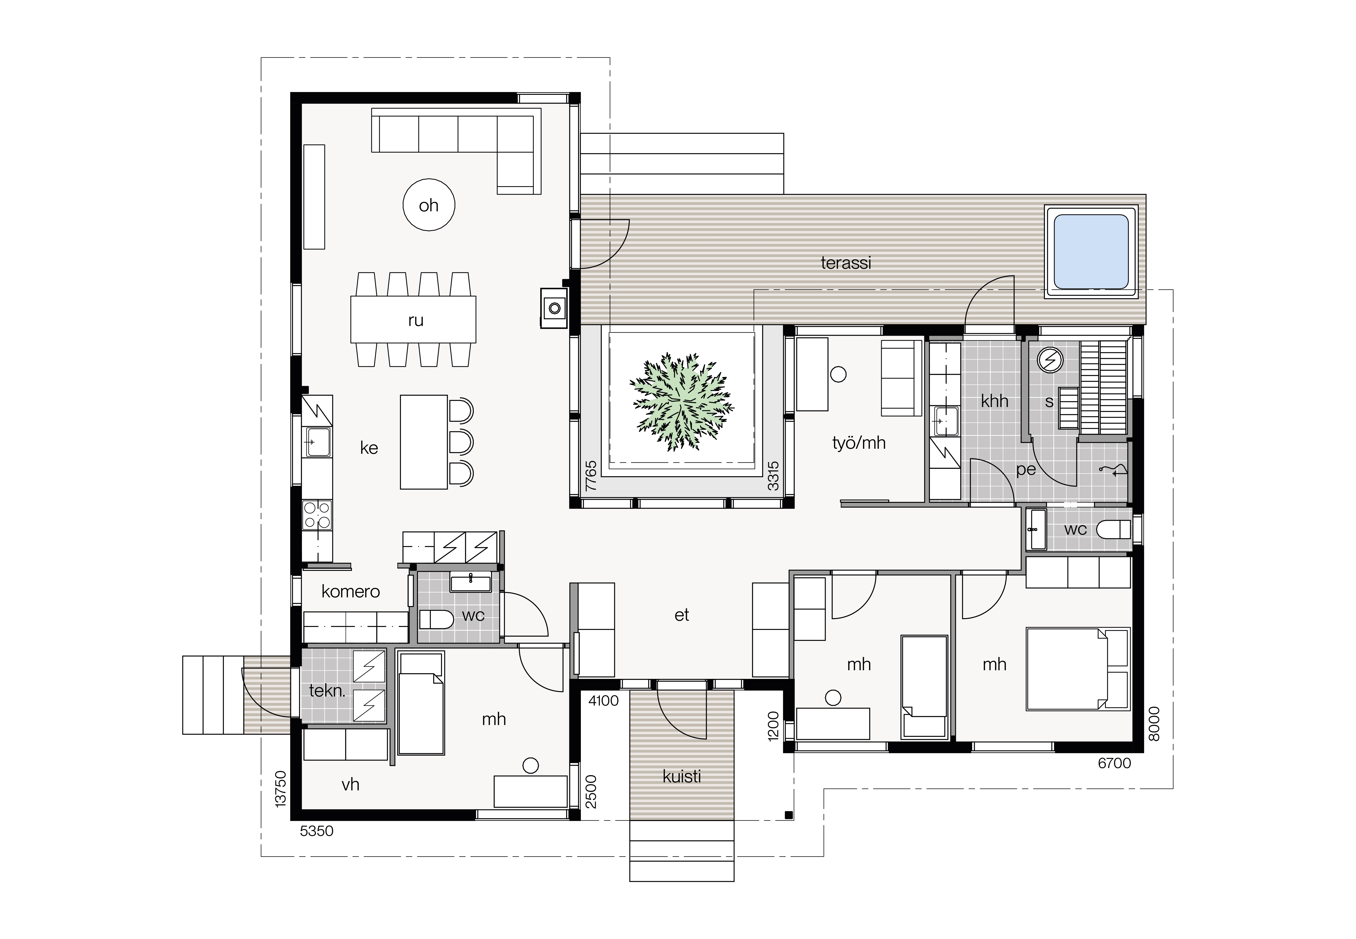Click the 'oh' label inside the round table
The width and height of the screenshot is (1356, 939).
click(x=429, y=205)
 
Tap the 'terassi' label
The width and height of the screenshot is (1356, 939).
click(x=846, y=263)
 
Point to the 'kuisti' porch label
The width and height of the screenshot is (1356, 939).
click(x=682, y=777)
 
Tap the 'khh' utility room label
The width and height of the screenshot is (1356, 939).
click(x=994, y=401)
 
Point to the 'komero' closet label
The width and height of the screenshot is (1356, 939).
click(x=350, y=591)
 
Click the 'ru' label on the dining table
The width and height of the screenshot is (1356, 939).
click(x=416, y=321)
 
